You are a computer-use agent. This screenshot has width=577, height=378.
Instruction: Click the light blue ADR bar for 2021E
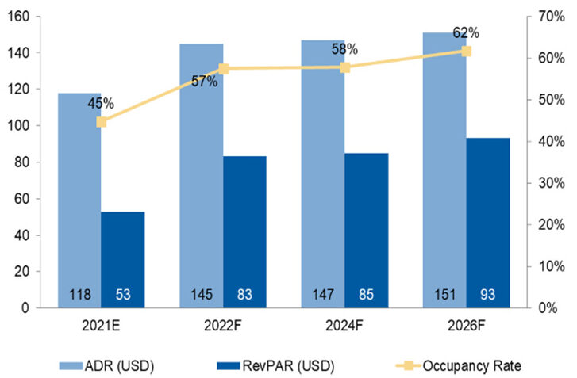click(x=79, y=198)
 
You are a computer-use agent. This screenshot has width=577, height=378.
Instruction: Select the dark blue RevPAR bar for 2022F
click(x=244, y=230)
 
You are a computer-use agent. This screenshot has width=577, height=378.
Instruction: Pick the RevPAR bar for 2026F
click(x=487, y=222)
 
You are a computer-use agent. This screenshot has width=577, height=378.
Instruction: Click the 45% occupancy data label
click(x=101, y=104)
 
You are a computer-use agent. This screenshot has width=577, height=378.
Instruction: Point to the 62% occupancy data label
click(x=466, y=32)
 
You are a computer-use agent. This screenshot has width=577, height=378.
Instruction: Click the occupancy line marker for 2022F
click(x=224, y=69)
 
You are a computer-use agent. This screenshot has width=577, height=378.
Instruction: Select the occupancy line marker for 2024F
click(x=345, y=67)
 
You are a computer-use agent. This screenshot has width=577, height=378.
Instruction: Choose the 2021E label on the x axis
click(x=101, y=326)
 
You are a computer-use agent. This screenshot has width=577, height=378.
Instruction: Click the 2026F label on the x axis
click(x=466, y=326)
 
